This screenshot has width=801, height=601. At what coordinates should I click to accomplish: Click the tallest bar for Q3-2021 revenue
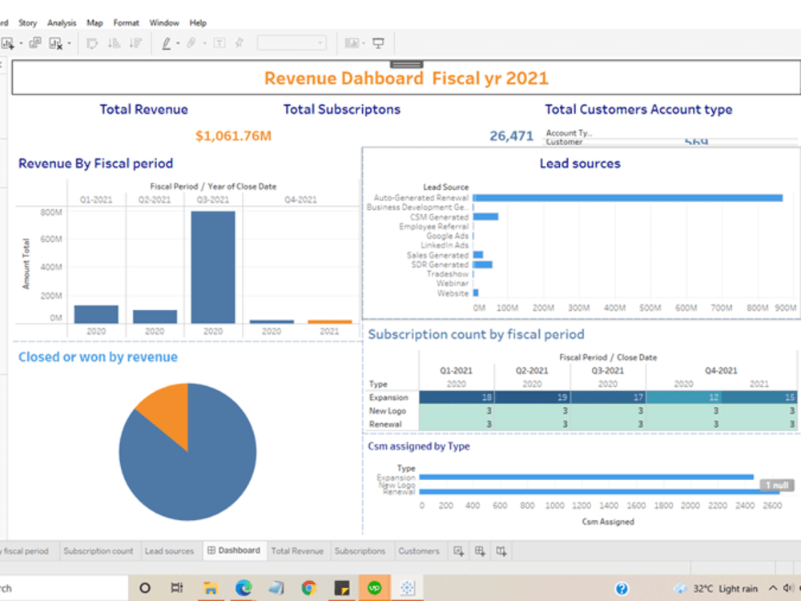point(212,267)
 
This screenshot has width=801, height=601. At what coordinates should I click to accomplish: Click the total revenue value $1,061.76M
point(233,136)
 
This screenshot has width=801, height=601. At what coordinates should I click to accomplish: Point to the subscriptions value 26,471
point(511,136)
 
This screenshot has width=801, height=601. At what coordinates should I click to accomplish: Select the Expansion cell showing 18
point(457,397)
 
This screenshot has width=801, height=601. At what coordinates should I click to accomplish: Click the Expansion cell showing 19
point(532,397)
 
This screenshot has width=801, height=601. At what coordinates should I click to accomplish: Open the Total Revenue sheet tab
point(297,551)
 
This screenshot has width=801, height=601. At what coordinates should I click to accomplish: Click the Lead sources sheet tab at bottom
point(169,551)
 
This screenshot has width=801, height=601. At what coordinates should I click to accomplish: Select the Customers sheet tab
point(418,551)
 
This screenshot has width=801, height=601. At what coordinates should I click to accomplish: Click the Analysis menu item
point(62,23)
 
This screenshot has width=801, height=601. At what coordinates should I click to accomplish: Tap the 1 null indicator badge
point(776,485)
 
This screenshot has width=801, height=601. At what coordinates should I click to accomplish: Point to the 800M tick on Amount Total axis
point(50,212)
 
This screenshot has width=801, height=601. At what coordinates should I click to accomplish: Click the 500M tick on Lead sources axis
point(650,308)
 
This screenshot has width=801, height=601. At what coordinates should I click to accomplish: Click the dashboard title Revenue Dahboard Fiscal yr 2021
point(406,79)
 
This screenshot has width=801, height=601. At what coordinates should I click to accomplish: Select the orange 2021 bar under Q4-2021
point(330,321)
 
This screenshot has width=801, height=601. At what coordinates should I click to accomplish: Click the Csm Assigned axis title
point(606,522)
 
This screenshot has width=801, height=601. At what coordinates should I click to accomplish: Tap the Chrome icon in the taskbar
point(308,588)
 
